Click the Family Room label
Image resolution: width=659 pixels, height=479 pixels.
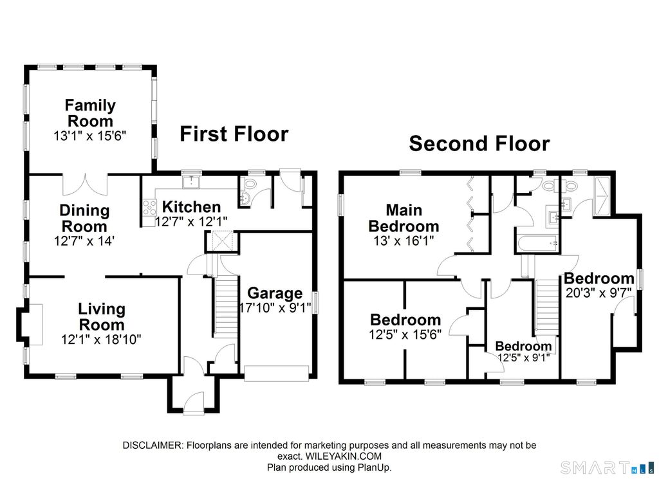coord(90,113)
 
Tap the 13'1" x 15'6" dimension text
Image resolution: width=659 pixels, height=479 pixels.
coord(90,136)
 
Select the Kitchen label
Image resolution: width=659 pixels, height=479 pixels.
coord(191,207)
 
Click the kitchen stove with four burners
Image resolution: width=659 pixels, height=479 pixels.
coord(149,208)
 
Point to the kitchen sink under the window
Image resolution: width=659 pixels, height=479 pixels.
coord(191,182)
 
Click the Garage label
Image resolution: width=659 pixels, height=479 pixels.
coord(275,293)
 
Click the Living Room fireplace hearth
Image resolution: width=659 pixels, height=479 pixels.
coord(35,324)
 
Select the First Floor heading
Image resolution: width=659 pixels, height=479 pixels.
coord(234,134)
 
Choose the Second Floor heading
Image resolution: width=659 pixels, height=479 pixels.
coord(479,143)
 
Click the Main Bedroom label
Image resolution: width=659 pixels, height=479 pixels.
coord(404,218)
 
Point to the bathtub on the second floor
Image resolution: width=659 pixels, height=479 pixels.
coord(537,243)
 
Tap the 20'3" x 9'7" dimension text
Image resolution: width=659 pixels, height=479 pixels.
coord(599,293)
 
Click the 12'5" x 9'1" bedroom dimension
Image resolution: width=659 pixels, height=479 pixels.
coord(524,357)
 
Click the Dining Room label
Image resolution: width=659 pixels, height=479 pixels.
coord(84,219)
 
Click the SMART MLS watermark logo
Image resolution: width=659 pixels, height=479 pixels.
coord(608,467)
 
